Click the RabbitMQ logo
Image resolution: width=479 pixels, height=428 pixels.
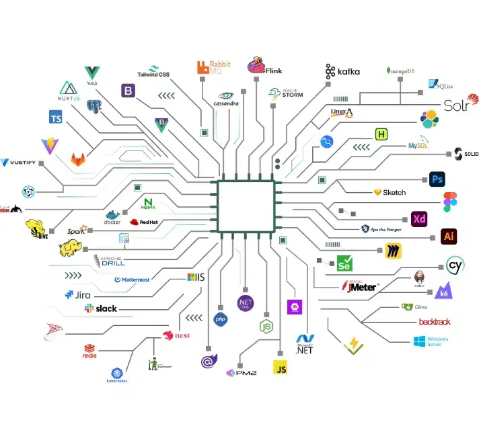213,67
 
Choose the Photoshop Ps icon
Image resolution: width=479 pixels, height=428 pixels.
437,179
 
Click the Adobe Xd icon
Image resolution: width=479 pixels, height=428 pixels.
419,219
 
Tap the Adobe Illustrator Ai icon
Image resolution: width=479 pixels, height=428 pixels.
449,237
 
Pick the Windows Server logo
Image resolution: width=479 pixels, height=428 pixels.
431,341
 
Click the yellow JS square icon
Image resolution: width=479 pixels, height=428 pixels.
280,367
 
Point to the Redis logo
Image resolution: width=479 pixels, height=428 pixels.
89,351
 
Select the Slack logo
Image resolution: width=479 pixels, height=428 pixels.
101,308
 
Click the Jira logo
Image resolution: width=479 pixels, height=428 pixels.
77,294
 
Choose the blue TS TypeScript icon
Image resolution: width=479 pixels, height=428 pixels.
56,118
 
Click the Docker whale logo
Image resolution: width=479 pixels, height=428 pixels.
112,217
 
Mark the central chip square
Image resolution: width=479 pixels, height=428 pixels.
246,207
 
